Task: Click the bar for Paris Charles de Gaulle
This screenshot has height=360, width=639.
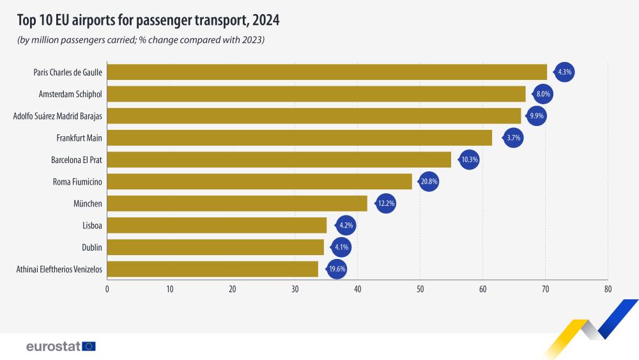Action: point(327,72)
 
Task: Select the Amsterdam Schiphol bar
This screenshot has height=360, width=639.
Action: point(316,94)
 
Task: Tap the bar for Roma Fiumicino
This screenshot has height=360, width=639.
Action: point(259,182)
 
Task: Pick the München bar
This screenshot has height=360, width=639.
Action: point(237,203)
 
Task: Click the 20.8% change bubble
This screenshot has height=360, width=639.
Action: point(429,182)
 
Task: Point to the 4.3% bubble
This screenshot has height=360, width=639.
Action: point(565,72)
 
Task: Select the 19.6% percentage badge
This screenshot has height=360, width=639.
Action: point(337,269)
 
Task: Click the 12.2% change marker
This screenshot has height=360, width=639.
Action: point(386,203)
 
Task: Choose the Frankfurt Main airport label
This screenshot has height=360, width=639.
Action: point(79,137)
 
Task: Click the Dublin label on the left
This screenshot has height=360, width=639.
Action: point(92,247)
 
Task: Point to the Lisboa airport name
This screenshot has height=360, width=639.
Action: point(92,225)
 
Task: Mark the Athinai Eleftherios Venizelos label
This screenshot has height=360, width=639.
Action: point(59,269)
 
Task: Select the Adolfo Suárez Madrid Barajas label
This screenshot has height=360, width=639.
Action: point(58,116)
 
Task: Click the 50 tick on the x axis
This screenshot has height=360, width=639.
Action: point(420,289)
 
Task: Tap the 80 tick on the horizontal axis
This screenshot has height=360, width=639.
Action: point(608,289)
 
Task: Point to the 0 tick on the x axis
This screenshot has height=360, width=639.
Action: point(107,289)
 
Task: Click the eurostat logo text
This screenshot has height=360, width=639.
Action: point(53,347)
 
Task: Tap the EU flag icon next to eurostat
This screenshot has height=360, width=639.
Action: point(89,347)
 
